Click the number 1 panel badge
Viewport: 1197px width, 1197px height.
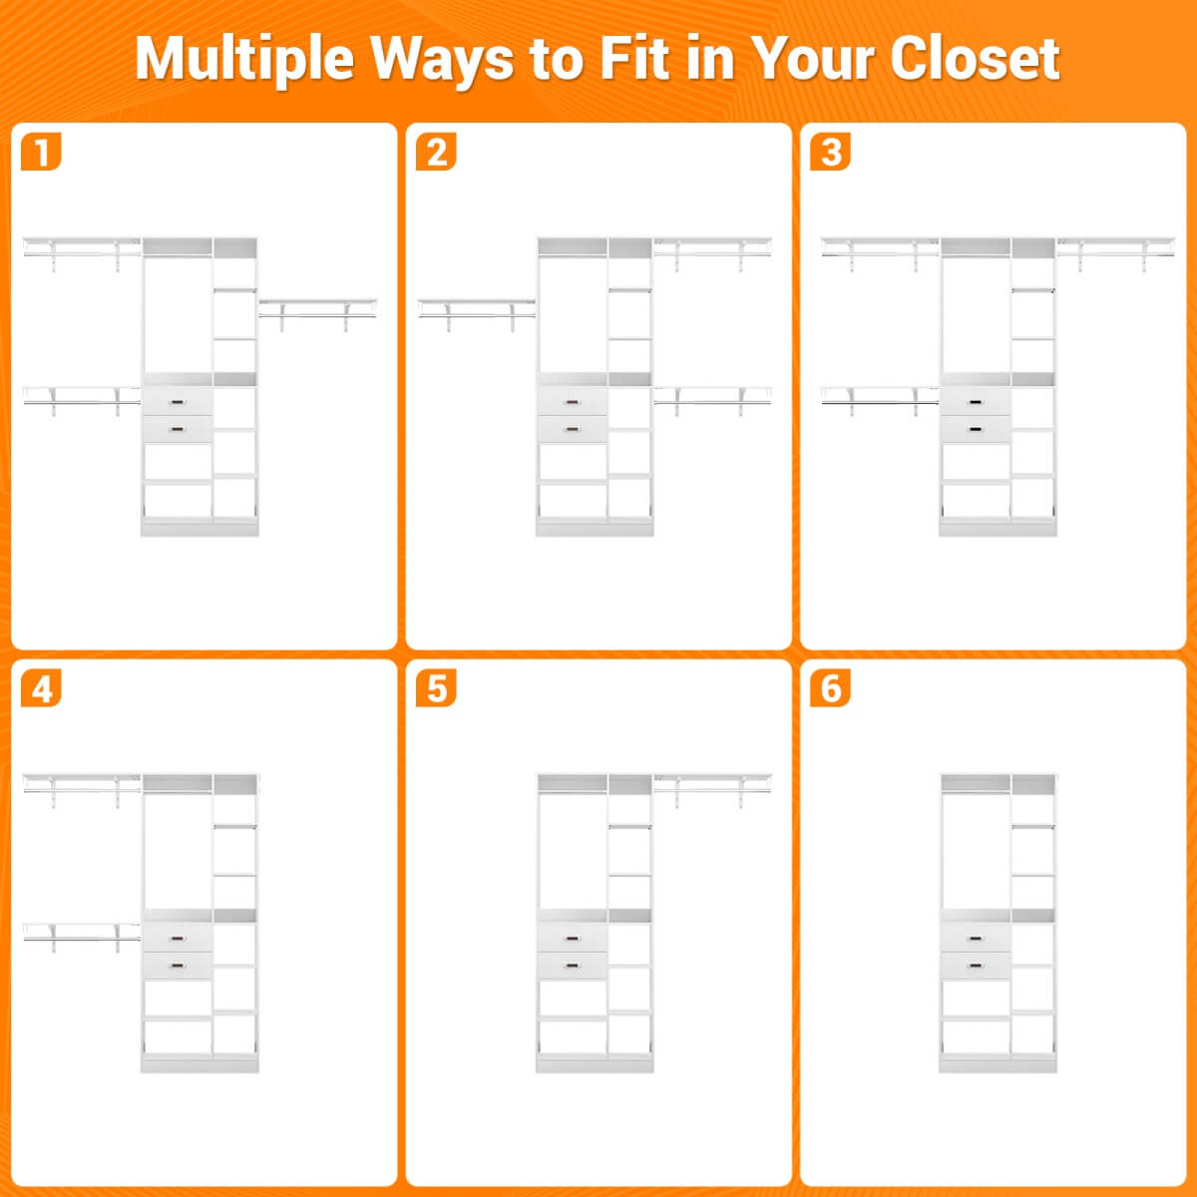[41, 152]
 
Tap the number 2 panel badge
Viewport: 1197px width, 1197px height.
[436, 152]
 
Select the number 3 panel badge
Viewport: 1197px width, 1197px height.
[831, 152]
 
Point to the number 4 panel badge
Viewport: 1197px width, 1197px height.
[41, 688]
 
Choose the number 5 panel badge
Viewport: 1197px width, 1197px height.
[436, 688]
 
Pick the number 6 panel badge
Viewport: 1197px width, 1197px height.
[831, 688]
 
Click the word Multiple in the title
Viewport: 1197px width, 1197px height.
[244, 60]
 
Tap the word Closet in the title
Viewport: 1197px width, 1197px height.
[975, 59]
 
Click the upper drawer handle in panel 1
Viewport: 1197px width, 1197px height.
[177, 403]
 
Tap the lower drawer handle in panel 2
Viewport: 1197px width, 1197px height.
[573, 429]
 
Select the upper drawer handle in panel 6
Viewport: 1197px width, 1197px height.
[976, 939]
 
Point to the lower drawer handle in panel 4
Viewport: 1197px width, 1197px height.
[177, 966]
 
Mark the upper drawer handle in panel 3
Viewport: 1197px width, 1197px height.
[976, 403]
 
